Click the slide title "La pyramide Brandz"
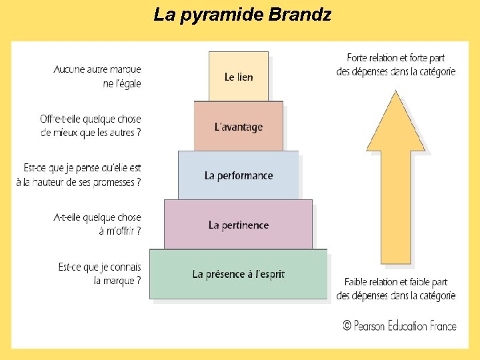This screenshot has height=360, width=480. coord(242,14)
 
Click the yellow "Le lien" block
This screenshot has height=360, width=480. coord(239,77)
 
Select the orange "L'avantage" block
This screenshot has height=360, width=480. coord(239,127)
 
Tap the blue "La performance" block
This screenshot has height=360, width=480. coord(239,175)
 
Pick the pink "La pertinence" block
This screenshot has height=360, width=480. coord(239,225)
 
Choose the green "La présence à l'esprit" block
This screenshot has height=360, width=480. coord(239,274)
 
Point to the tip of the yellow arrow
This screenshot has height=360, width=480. coord(395,93)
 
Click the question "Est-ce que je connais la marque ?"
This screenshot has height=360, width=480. coord(100,274)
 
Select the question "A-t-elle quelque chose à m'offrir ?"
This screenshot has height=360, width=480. coord(97,224)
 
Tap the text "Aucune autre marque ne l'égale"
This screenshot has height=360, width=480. coord(97,76)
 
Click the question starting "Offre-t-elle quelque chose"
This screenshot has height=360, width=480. coord(91,125)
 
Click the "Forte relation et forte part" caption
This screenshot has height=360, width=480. coord(396,65)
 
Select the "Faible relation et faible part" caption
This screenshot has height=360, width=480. coord(396,289)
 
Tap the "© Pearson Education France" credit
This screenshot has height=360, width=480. coord(399,325)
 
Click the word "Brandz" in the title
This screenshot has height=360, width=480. coord(300,14)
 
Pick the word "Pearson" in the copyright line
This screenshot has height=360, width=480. coord(372,325)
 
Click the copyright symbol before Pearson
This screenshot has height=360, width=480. coord(347,325)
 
